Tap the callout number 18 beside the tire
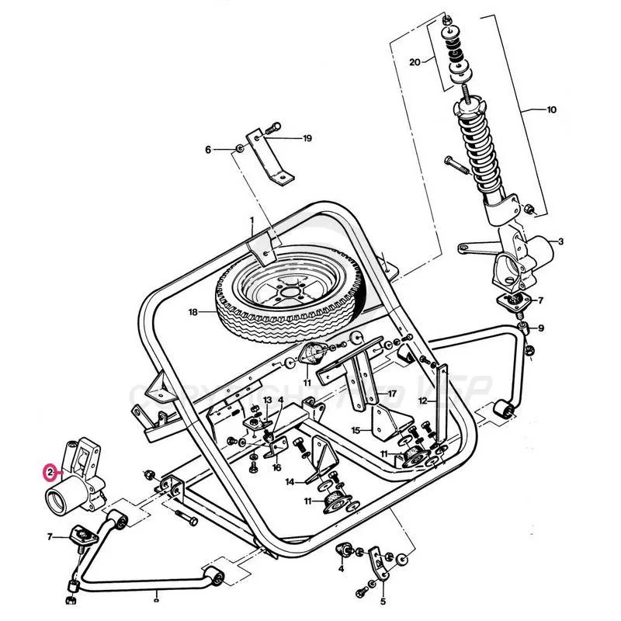(x=193, y=312)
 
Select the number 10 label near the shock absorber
(x=551, y=110)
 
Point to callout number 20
(x=415, y=61)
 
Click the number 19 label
(x=307, y=138)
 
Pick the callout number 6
(x=208, y=149)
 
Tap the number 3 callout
(x=560, y=242)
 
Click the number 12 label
(x=423, y=401)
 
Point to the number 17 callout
(x=393, y=394)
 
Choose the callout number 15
(x=356, y=429)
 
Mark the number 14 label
(x=290, y=482)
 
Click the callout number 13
(x=267, y=400)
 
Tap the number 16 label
(x=276, y=468)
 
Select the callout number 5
(x=383, y=601)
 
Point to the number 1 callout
(x=252, y=220)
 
